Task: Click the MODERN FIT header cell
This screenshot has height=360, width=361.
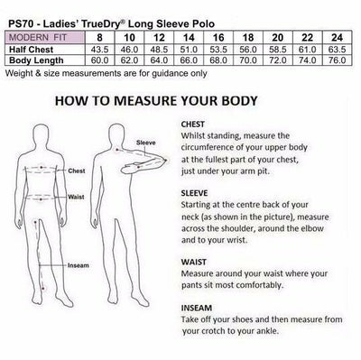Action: (45, 38)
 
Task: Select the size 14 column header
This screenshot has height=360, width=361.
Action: (189, 38)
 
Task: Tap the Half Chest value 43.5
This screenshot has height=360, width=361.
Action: (99, 50)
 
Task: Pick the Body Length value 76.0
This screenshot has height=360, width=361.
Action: (337, 60)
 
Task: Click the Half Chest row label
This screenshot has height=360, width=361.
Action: (31, 50)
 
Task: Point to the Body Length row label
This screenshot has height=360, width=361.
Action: (36, 60)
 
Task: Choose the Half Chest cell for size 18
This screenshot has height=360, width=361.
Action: (248, 50)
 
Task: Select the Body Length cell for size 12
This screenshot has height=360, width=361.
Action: (159, 60)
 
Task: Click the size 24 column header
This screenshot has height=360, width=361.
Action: (337, 38)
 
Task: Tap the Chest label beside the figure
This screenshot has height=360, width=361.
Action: (77, 171)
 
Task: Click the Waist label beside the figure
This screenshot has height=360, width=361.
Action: (76, 197)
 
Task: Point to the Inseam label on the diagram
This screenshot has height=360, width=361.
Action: (79, 265)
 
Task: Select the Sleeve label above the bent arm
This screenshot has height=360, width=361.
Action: (146, 143)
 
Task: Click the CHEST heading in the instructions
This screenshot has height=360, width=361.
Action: (193, 125)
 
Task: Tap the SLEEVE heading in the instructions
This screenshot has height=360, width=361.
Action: (194, 193)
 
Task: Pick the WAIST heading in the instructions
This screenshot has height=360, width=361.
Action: (194, 262)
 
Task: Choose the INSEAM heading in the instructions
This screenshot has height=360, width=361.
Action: (197, 308)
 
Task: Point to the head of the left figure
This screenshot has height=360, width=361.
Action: (42, 134)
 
